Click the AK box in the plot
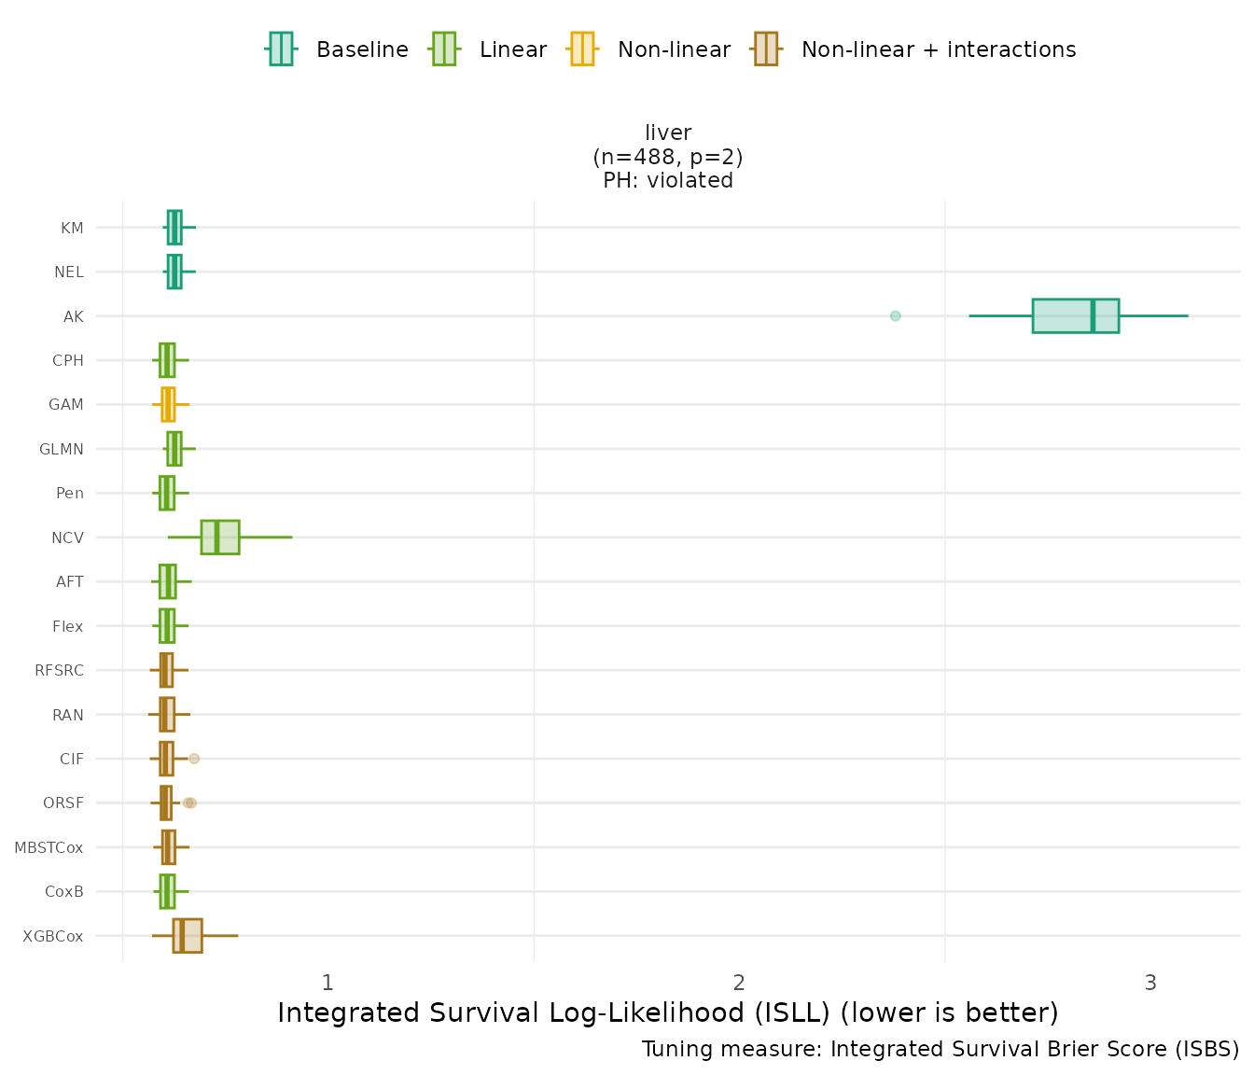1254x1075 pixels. click(x=1075, y=315)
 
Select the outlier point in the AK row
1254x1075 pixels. click(x=896, y=315)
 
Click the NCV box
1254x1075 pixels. click(x=220, y=537)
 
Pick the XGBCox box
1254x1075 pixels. click(x=188, y=936)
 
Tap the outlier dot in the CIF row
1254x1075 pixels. click(x=194, y=759)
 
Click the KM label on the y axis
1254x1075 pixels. click(x=72, y=228)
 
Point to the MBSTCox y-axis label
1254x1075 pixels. click(x=49, y=847)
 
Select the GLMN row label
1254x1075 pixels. click(x=62, y=449)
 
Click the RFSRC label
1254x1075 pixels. click(x=59, y=670)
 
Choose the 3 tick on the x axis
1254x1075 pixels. click(x=1150, y=983)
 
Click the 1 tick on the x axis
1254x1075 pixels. click(x=327, y=983)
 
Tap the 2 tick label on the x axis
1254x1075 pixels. click(x=739, y=983)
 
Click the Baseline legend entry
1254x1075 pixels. click(x=362, y=49)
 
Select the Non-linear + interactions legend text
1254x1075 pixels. click(x=939, y=49)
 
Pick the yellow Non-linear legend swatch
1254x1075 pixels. click(x=581, y=49)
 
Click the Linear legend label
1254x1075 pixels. click(x=513, y=49)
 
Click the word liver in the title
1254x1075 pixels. click(x=668, y=133)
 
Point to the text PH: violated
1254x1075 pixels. click(x=668, y=180)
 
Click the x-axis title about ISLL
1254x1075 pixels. click(x=668, y=1012)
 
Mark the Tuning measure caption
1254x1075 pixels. click(x=940, y=1050)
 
